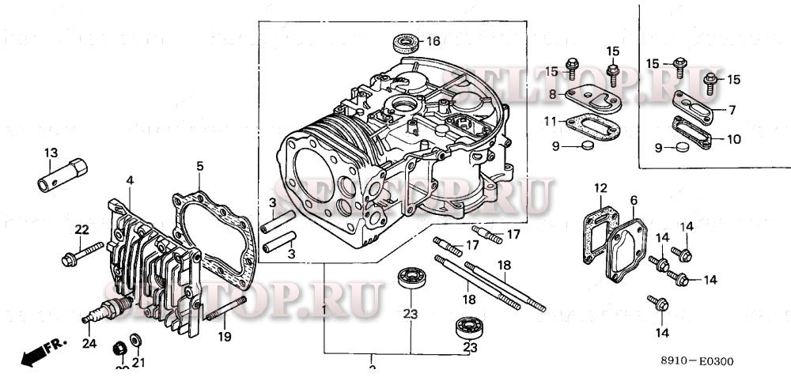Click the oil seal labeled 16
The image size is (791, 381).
pyautogui.click(x=405, y=42)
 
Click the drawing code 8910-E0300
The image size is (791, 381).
pyautogui.click(x=697, y=362)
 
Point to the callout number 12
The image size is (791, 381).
pyautogui.click(x=601, y=187)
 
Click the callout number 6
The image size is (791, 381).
pyautogui.click(x=634, y=202)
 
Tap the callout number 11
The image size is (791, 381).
pyautogui.click(x=551, y=121)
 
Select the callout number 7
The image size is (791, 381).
pyautogui.click(x=732, y=109)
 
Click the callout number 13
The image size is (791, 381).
pyautogui.click(x=51, y=153)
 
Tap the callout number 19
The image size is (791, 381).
pyautogui.click(x=225, y=337)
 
